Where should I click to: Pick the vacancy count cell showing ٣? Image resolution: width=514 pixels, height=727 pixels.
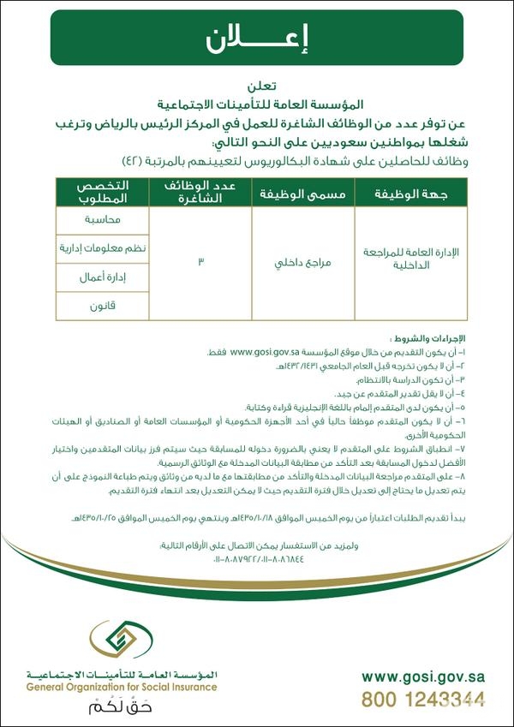pyautogui.click(x=200, y=260)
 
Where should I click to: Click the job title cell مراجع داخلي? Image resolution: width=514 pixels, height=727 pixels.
pyautogui.click(x=302, y=260)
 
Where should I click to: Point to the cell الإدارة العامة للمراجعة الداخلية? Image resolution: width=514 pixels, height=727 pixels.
pyautogui.click(x=412, y=260)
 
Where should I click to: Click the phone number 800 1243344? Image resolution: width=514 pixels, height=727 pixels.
pyautogui.click(x=423, y=698)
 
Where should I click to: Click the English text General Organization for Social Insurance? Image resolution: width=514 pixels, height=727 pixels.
pyautogui.click(x=121, y=687)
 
